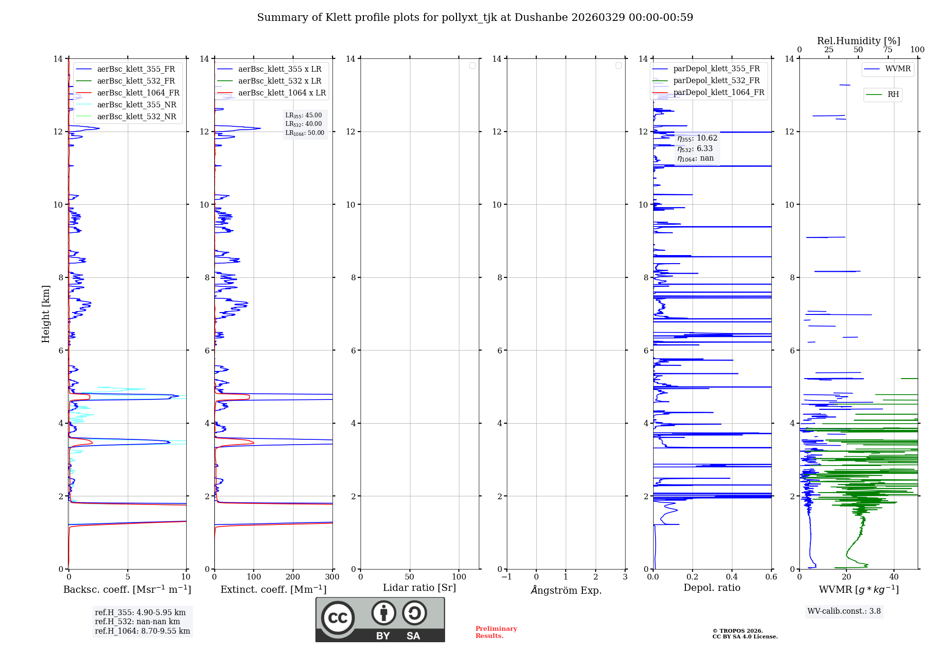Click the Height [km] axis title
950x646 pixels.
[46, 314]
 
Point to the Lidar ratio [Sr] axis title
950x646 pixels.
[419, 588]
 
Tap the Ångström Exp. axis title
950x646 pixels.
[566, 590]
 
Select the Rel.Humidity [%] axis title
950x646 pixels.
[858, 41]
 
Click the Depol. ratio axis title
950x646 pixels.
[712, 588]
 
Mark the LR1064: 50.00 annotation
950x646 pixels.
[304, 133]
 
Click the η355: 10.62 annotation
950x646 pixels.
[697, 138]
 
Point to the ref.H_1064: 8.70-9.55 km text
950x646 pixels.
[142, 631]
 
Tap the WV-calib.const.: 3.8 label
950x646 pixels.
[844, 611]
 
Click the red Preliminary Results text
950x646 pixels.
[496, 632]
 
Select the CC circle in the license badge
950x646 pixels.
[338, 618]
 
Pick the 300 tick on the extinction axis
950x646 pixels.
[332, 577]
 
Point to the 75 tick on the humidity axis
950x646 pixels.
[887, 50]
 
